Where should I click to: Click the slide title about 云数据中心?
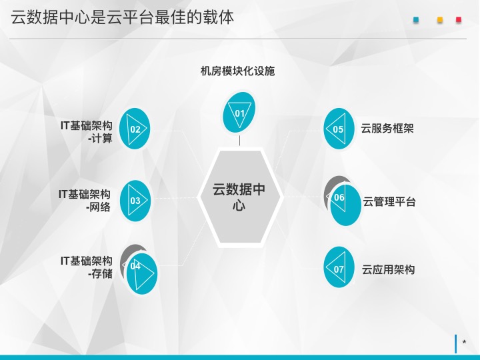pos(123,17)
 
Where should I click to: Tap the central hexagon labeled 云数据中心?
pos(239,197)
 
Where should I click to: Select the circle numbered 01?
pos(239,113)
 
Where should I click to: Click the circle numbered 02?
pos(135,129)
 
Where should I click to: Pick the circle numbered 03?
pos(135,201)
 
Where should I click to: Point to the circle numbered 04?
pos(142,274)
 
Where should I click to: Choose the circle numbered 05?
pos(339,129)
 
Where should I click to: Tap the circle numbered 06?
pos(345,205)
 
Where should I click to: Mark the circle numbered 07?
pos(339,267)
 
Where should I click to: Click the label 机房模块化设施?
pos(237,71)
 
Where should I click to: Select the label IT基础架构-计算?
pos(86,132)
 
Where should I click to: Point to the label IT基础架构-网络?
pos(85,201)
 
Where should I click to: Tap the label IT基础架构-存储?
pos(86,267)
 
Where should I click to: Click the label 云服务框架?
pos(387,128)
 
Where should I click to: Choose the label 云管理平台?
pos(389,202)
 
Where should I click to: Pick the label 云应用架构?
pos(388,270)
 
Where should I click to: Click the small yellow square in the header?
pos(440,20)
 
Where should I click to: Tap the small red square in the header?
pos(459,19)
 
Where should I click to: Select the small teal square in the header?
pos(416,20)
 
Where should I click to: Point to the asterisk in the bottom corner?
pos(465,342)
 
